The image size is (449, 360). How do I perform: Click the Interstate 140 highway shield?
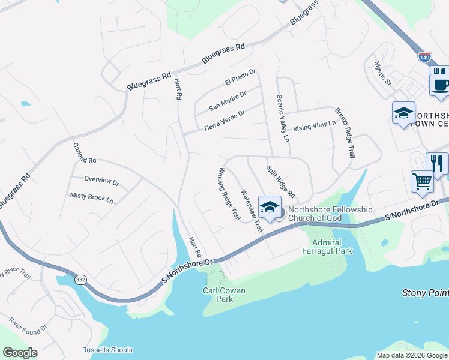tap(425, 58)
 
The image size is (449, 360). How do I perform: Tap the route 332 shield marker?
tap(80, 280)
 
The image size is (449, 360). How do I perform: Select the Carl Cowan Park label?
tap(224, 295)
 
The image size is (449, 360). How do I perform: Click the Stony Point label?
tap(424, 293)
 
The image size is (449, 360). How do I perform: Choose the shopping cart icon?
tap(423, 181)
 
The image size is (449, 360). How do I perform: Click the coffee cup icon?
tap(441, 84)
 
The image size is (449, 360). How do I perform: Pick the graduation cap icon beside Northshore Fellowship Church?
tap(270, 207)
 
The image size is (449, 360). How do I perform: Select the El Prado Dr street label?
tap(240, 77)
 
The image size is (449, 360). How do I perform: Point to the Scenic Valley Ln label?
tap(283, 118)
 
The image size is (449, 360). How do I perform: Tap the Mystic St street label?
tap(382, 73)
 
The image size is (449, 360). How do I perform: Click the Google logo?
tap(20, 353)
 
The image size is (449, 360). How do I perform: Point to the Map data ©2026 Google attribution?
tap(412, 355)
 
